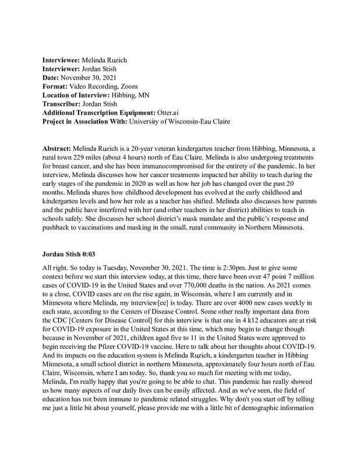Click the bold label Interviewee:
pos(63,60)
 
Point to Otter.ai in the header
pos(169,112)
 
